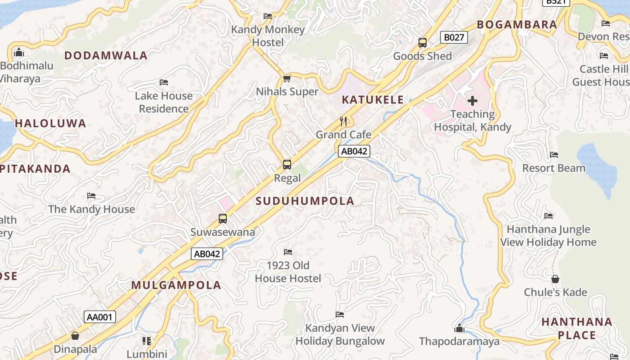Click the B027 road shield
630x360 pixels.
click(454, 37)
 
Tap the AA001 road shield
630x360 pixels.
click(99, 317)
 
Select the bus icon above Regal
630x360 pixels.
click(287, 165)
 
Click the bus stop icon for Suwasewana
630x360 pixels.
click(222, 219)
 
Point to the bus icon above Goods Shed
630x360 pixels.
click(422, 43)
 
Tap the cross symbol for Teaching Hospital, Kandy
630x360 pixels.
click(472, 101)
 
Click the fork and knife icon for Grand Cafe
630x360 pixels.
click(343, 121)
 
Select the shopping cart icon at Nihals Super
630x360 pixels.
click(287, 78)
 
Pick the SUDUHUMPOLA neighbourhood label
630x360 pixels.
click(305, 201)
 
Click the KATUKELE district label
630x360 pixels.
click(373, 100)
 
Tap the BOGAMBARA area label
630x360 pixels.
click(517, 25)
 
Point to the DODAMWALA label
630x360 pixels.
click(106, 55)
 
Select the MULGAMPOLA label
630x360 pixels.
click(176, 285)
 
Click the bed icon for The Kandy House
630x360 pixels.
click(91, 196)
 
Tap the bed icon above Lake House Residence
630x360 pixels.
click(164, 82)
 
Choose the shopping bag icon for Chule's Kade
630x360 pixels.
click(555, 279)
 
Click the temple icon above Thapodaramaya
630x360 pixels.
click(459, 328)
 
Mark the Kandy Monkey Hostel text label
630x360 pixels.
click(268, 36)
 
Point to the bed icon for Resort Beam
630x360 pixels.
click(553, 155)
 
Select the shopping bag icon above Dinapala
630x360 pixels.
click(75, 336)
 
